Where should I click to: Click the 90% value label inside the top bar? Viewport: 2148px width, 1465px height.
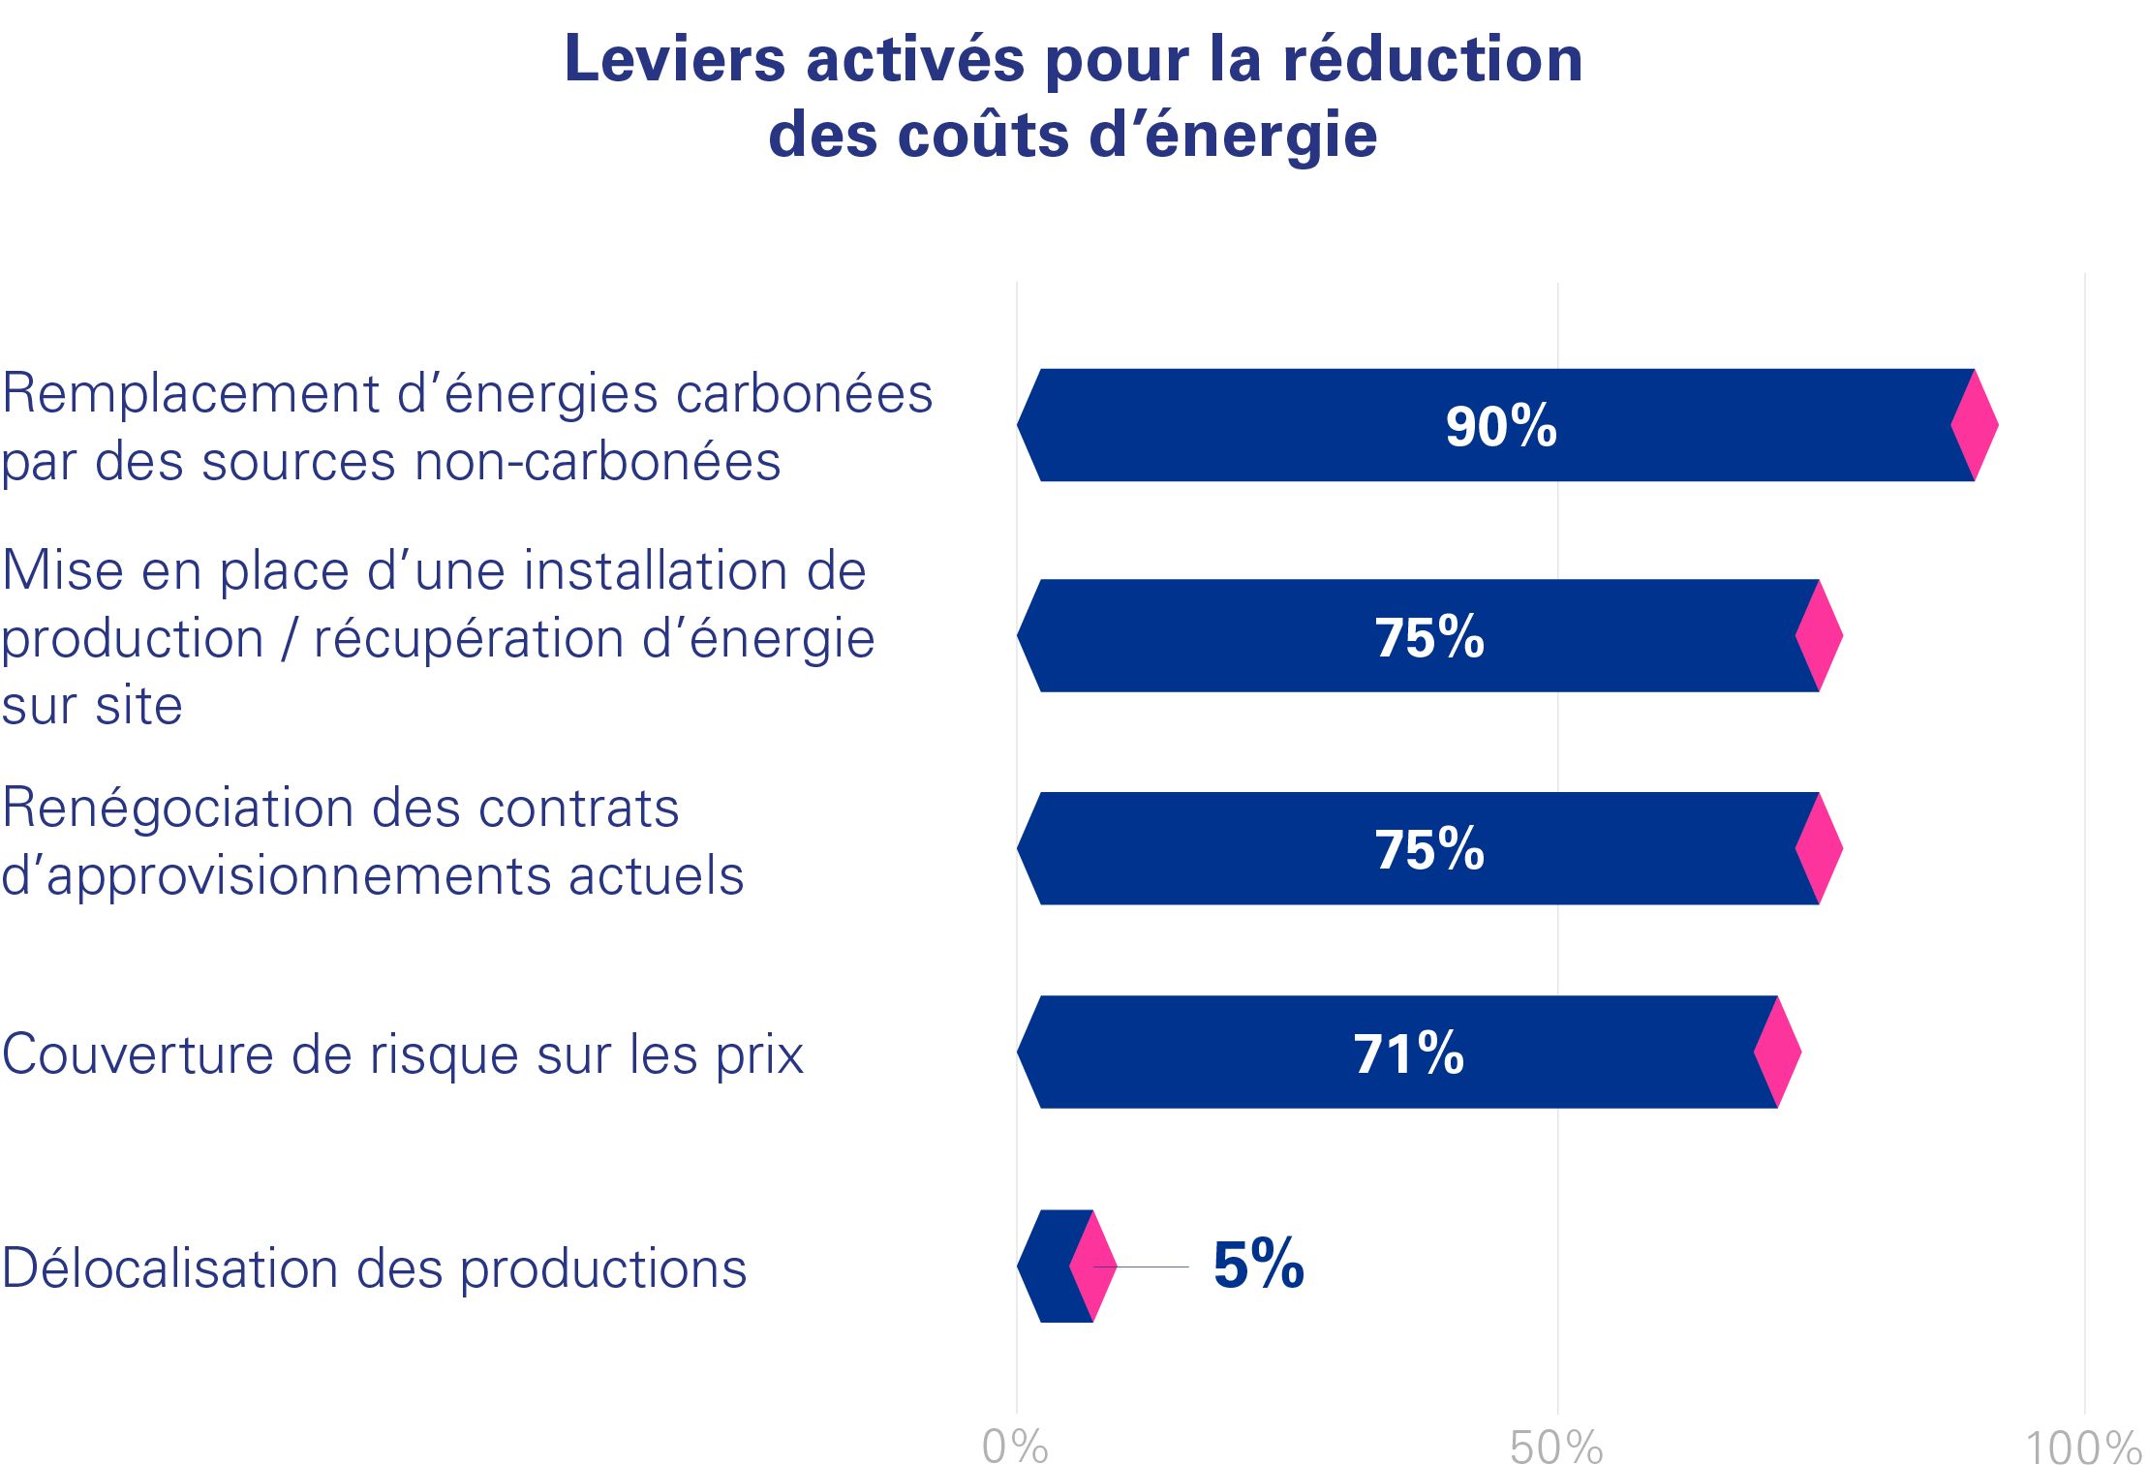pos(1500,426)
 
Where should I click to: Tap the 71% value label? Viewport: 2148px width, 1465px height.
pos(1408,1053)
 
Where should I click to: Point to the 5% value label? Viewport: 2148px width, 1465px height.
pos(1258,1265)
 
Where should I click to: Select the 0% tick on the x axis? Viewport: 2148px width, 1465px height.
pos(1015,1447)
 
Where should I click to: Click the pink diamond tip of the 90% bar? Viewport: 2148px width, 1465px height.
pos(1974,424)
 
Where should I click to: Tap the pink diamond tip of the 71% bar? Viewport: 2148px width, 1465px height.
pos(1777,1052)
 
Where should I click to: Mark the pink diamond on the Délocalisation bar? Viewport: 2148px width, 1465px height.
pos(1092,1266)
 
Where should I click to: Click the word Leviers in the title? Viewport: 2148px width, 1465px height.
pos(674,59)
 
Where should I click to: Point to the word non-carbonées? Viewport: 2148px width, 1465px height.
pos(598,462)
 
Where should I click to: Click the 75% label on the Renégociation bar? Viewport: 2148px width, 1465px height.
pos(1429,849)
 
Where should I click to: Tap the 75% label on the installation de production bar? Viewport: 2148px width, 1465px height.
pos(1429,637)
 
